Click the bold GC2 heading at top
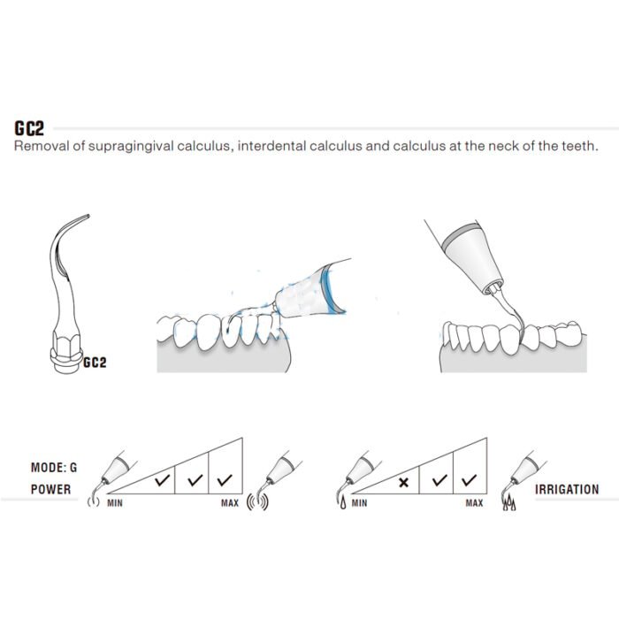tap(29, 128)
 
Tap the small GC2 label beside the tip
tap(95, 363)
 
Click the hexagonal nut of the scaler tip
tap(66, 343)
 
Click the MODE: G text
tap(54, 468)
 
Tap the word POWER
tap(51, 490)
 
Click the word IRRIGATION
tap(567, 490)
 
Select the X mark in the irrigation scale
tap(403, 483)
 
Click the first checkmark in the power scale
tap(162, 480)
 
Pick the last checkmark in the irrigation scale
tap(469, 480)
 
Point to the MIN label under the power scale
tap(115, 503)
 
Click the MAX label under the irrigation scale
tap(474, 503)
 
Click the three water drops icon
tap(509, 503)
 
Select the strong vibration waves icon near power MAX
tap(257, 501)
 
